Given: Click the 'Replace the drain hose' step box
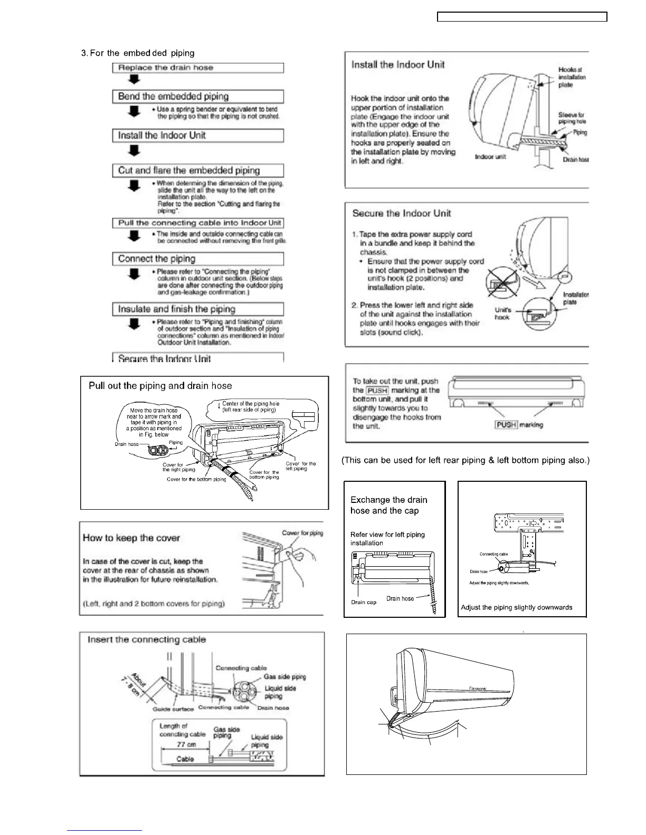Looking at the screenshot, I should [198, 68].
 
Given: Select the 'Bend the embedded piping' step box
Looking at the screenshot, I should [198, 96].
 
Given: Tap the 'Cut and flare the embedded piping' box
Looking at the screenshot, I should [198, 170].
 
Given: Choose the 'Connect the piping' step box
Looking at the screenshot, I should [198, 259].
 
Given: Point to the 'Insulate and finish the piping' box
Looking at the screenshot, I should [198, 309].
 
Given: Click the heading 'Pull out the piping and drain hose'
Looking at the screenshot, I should [160, 386].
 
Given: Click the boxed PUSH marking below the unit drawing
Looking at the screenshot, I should [505, 424].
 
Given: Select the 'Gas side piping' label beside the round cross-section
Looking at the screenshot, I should [284, 677].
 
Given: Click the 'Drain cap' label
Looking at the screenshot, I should [364, 602].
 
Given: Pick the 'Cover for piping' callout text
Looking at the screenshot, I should [302, 533].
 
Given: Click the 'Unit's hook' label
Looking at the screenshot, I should [502, 314].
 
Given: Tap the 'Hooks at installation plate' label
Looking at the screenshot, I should [572, 77].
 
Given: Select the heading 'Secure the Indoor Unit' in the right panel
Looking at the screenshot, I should [402, 213].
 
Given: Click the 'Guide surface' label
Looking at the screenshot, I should [173, 709].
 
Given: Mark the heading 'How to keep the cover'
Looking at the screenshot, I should [131, 538].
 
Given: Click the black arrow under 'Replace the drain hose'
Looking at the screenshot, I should [135, 80].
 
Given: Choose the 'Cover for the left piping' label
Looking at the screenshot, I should [300, 466].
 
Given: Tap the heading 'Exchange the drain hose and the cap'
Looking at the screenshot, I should [388, 505].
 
